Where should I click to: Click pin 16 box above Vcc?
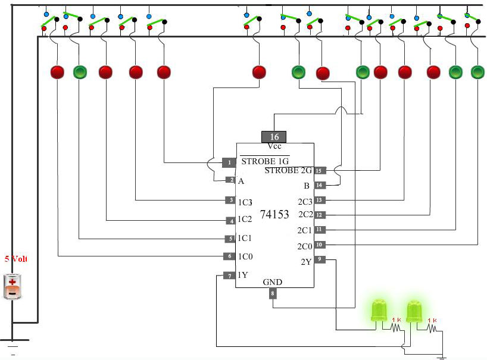click(x=274, y=137)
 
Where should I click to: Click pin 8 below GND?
click(x=273, y=293)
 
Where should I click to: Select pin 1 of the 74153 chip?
click(x=229, y=162)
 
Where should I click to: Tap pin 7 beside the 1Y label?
click(x=230, y=276)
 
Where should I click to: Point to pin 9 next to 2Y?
click(x=320, y=259)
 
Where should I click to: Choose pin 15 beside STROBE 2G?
click(x=319, y=170)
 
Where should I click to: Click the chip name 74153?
click(x=274, y=214)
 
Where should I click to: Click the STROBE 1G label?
click(x=265, y=161)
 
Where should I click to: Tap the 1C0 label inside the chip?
click(x=245, y=256)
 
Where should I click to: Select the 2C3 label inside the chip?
click(x=305, y=202)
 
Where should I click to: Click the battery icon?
click(x=12, y=287)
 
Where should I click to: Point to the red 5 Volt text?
click(x=16, y=258)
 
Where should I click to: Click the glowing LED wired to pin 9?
click(x=379, y=311)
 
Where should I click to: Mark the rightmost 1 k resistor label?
click(x=432, y=320)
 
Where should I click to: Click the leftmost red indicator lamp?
click(x=57, y=72)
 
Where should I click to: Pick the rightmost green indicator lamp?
click(x=477, y=72)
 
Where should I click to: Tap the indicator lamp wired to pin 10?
click(x=477, y=72)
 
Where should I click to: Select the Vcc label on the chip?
click(x=274, y=146)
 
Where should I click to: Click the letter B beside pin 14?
click(x=307, y=186)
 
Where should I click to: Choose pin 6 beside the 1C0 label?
click(x=230, y=256)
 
